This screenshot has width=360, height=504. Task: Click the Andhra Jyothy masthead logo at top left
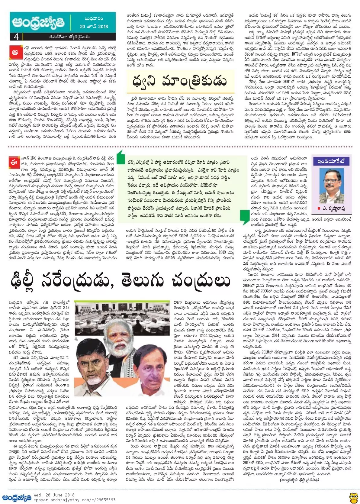point(38,23)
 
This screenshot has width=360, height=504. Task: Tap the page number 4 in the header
point(16,37)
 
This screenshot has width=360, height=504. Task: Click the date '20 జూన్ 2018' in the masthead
point(94,26)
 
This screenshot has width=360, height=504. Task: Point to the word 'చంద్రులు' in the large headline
point(201,280)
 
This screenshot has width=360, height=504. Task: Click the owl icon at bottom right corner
point(353,497)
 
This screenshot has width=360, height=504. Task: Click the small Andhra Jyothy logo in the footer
point(16,497)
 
